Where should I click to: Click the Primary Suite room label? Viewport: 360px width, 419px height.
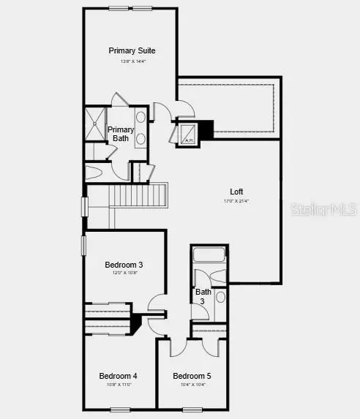132,50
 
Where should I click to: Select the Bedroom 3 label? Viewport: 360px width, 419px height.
124,264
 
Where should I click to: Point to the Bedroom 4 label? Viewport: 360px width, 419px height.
118,376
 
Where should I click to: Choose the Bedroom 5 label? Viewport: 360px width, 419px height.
192,376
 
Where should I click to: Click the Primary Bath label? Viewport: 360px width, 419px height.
121,133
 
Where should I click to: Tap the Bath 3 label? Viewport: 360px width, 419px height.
203,296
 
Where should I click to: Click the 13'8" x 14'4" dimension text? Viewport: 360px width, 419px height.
132,61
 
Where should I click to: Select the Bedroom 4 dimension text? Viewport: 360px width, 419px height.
118,385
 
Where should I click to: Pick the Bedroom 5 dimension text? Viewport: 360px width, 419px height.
192,385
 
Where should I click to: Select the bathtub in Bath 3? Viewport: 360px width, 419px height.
209,256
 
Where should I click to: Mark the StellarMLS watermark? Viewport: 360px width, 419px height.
323,210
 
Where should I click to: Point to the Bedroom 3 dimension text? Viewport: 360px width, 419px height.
124,273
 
